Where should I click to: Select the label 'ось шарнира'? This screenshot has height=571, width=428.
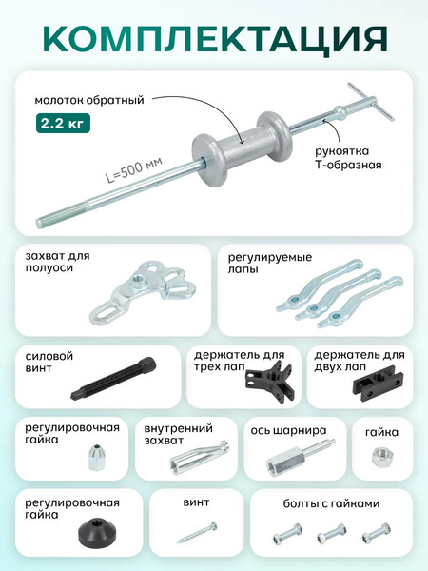tap(289, 429)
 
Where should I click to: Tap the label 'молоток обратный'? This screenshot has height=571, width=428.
tap(89, 97)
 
